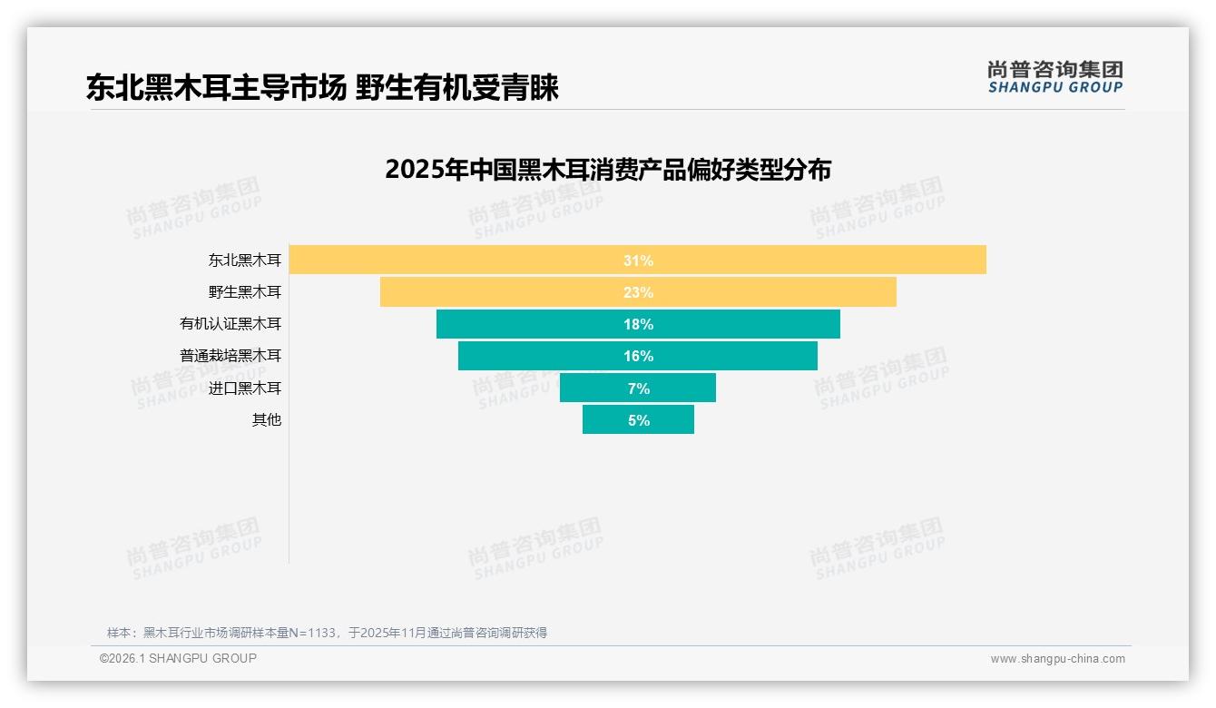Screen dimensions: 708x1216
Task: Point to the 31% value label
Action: click(x=638, y=261)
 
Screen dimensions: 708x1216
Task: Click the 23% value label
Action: click(x=638, y=292)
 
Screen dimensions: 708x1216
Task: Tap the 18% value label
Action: click(x=638, y=324)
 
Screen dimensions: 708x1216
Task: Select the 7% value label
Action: click(x=638, y=388)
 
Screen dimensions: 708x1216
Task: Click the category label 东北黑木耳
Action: click(x=245, y=261)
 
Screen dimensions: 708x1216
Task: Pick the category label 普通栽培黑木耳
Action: click(x=230, y=356)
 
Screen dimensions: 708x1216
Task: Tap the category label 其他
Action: click(x=267, y=420)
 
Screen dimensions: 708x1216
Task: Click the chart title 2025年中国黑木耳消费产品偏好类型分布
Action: click(x=607, y=170)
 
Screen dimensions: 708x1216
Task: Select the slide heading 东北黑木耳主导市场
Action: click(x=216, y=88)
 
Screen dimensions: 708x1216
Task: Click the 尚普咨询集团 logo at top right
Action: click(x=1054, y=76)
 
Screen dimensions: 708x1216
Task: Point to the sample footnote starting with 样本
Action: click(x=327, y=633)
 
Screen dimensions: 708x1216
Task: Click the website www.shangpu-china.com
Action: click(x=1057, y=659)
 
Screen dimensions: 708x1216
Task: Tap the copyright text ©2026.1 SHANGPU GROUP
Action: click(x=178, y=658)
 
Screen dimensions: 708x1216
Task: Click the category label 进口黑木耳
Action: click(x=245, y=388)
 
